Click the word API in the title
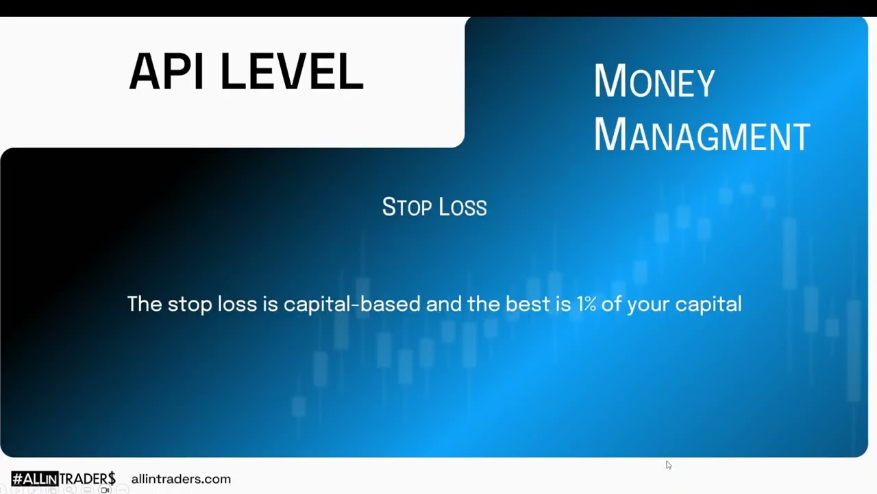pyautogui.click(x=166, y=71)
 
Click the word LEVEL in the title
pyautogui.click(x=292, y=71)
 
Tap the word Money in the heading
pyautogui.click(x=654, y=81)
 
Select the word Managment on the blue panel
pyautogui.click(x=702, y=134)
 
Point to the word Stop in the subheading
pyautogui.click(x=407, y=207)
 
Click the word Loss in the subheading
pyautogui.click(x=462, y=207)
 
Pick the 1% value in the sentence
pyautogui.click(x=586, y=304)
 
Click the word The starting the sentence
pyautogui.click(x=145, y=303)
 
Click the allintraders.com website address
pyautogui.click(x=181, y=479)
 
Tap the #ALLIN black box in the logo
pyautogui.click(x=35, y=479)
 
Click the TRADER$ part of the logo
pyautogui.click(x=87, y=479)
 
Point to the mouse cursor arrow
pyautogui.click(x=669, y=465)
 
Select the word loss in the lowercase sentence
pyautogui.click(x=237, y=303)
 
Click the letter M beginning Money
pyautogui.click(x=610, y=80)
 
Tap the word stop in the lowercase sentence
pyautogui.click(x=190, y=305)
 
